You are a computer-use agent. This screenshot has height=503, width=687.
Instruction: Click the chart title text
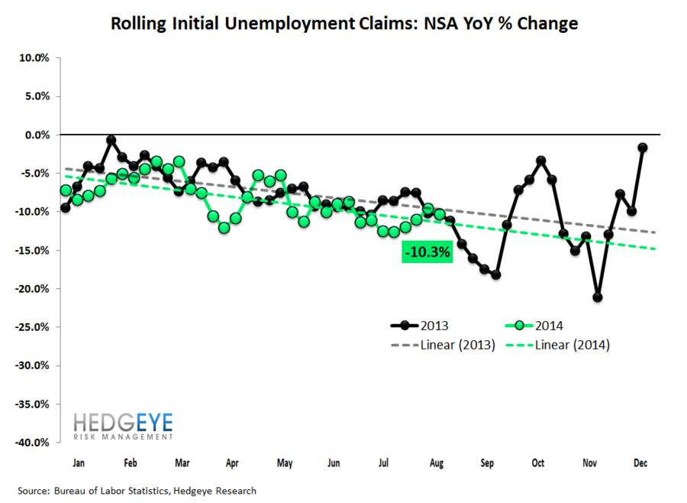click(x=343, y=24)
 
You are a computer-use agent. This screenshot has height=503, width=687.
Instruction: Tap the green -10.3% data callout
click(x=427, y=251)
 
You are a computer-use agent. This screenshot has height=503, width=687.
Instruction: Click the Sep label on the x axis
click(x=486, y=463)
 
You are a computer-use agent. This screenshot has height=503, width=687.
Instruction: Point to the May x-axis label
click(x=284, y=463)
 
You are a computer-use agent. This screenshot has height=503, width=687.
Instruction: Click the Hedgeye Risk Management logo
click(x=123, y=427)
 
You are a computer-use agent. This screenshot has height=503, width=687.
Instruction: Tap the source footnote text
click(x=137, y=491)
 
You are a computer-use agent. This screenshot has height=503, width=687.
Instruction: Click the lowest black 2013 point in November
click(x=597, y=297)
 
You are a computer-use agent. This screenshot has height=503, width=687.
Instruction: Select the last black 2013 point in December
click(x=643, y=148)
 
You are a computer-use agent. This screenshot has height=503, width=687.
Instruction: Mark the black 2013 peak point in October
click(x=540, y=161)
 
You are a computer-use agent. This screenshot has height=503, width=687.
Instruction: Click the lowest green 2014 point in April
click(x=224, y=228)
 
